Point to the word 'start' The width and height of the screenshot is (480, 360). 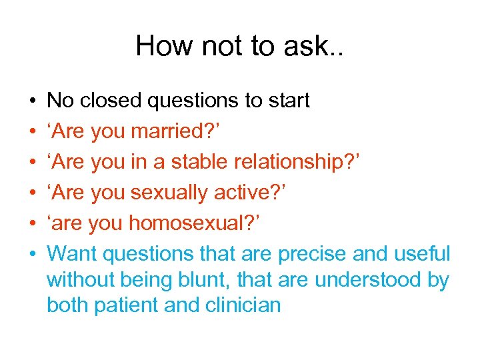tap(288, 101)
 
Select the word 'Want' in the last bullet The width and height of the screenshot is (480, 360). tap(73, 254)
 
